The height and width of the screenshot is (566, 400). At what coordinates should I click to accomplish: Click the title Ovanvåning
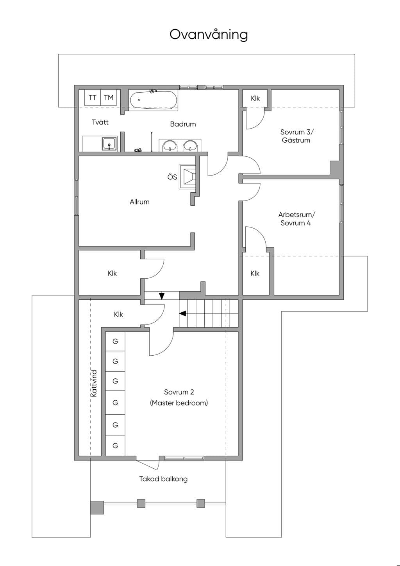pos(209,35)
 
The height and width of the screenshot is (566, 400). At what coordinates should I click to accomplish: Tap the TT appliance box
pos(93,98)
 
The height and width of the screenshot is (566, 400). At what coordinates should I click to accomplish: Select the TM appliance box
pos(109,98)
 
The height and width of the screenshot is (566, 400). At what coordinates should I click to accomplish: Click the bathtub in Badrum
pos(153,100)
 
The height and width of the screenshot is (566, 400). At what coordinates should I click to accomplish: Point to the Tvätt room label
pos(100,122)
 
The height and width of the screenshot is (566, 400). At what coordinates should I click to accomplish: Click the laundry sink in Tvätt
pos(110,143)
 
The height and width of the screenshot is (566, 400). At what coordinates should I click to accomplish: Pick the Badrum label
pos(183,124)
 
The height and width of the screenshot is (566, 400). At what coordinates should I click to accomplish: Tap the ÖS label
pos(172,177)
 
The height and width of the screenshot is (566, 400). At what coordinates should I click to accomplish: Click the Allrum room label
pos(139,202)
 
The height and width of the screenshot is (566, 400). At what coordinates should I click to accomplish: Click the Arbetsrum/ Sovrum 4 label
pos(296,219)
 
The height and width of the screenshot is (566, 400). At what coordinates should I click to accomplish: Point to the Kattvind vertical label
pos(94,383)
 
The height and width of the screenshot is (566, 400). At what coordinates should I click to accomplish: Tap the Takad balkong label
pos(163,479)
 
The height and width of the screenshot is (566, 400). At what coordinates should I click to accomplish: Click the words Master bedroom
pos(179,403)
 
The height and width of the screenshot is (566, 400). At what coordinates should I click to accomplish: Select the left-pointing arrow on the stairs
pos(183,313)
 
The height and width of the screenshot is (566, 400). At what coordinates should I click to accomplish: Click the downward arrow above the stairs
pos(162,296)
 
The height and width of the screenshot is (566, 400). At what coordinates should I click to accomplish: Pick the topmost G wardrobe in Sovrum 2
pos(115,341)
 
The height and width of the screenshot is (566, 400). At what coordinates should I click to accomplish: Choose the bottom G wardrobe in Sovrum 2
pos(115,445)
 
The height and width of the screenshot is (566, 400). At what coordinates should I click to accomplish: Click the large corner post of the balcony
pos(97,507)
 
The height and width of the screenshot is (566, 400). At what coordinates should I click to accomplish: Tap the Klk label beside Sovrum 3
pos(255,98)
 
